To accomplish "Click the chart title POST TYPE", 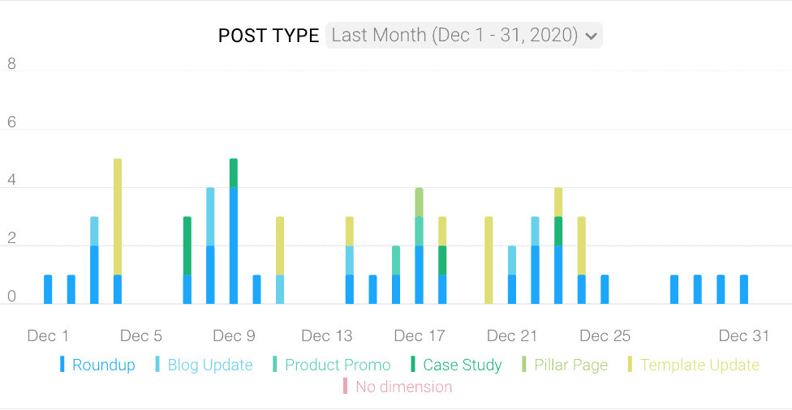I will click(269, 36).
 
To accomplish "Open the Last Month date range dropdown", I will click(463, 36).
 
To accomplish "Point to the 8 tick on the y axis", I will click(12, 64).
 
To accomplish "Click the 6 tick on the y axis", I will click(12, 122).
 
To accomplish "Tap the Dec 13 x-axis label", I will click(327, 335).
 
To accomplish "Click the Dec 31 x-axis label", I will click(744, 335).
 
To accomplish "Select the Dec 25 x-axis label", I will click(605, 335).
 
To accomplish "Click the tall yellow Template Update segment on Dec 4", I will click(118, 216).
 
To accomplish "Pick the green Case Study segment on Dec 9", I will click(234, 173).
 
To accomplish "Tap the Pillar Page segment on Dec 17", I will click(420, 202).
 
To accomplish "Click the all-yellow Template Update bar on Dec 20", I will click(489, 260).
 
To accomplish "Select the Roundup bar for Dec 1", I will click(48, 289).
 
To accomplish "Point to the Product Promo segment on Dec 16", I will click(396, 260).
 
